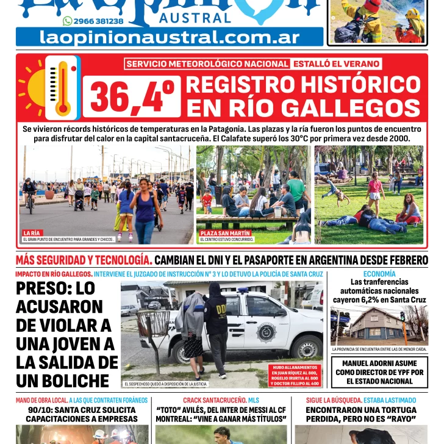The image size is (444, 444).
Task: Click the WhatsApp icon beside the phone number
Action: coord(67,21)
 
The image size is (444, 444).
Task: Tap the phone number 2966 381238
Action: coord(98,21)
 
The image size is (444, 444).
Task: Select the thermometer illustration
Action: coord(62,87)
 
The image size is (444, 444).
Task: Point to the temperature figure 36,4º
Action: coord(134,97)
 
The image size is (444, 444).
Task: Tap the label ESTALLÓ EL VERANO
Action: coord(336,63)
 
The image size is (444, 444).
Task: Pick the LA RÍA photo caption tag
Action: coord(32,233)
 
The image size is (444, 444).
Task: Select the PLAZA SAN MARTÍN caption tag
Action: coord(217,233)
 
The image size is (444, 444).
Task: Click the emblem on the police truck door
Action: coord(267,332)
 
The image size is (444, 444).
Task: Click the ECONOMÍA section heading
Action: coord(379,274)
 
